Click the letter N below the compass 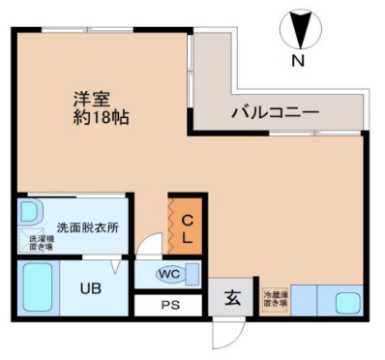click(x=299, y=62)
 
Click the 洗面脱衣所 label click(x=87, y=228)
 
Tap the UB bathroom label click(x=90, y=286)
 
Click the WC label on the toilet click(x=169, y=274)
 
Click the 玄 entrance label click(x=233, y=298)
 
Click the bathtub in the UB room click(x=37, y=286)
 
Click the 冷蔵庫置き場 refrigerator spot click(x=275, y=299)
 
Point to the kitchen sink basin click(x=346, y=301)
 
